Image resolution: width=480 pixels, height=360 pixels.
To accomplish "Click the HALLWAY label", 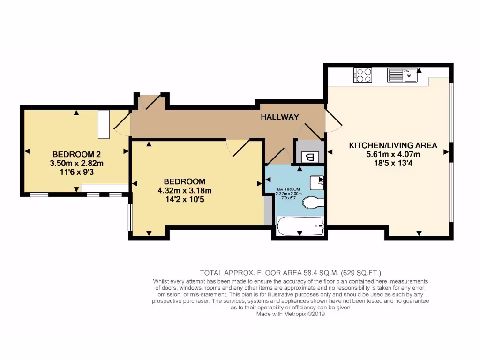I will point(280,117).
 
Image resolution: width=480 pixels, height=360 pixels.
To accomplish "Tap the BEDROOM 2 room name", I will point(76,154).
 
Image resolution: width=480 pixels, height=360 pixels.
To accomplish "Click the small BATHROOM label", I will point(288,189).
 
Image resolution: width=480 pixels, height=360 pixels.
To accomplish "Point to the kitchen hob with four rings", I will point(363,75).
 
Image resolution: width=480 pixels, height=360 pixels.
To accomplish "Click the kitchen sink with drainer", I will point(402,75).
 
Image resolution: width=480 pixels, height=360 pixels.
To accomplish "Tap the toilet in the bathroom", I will point(313,202).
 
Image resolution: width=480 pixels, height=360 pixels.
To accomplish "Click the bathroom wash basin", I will point(318,182).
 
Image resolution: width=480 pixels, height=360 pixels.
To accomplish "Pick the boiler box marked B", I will point(308,157).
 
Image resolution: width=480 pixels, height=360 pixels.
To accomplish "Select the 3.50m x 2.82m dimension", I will point(76,163).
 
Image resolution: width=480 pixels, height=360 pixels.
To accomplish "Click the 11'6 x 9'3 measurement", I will point(76,172).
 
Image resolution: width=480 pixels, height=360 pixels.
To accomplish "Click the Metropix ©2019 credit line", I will point(291,315).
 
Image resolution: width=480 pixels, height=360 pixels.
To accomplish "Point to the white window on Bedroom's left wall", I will point(130,217).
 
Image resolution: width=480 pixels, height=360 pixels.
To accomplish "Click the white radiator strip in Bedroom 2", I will point(104,124).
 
